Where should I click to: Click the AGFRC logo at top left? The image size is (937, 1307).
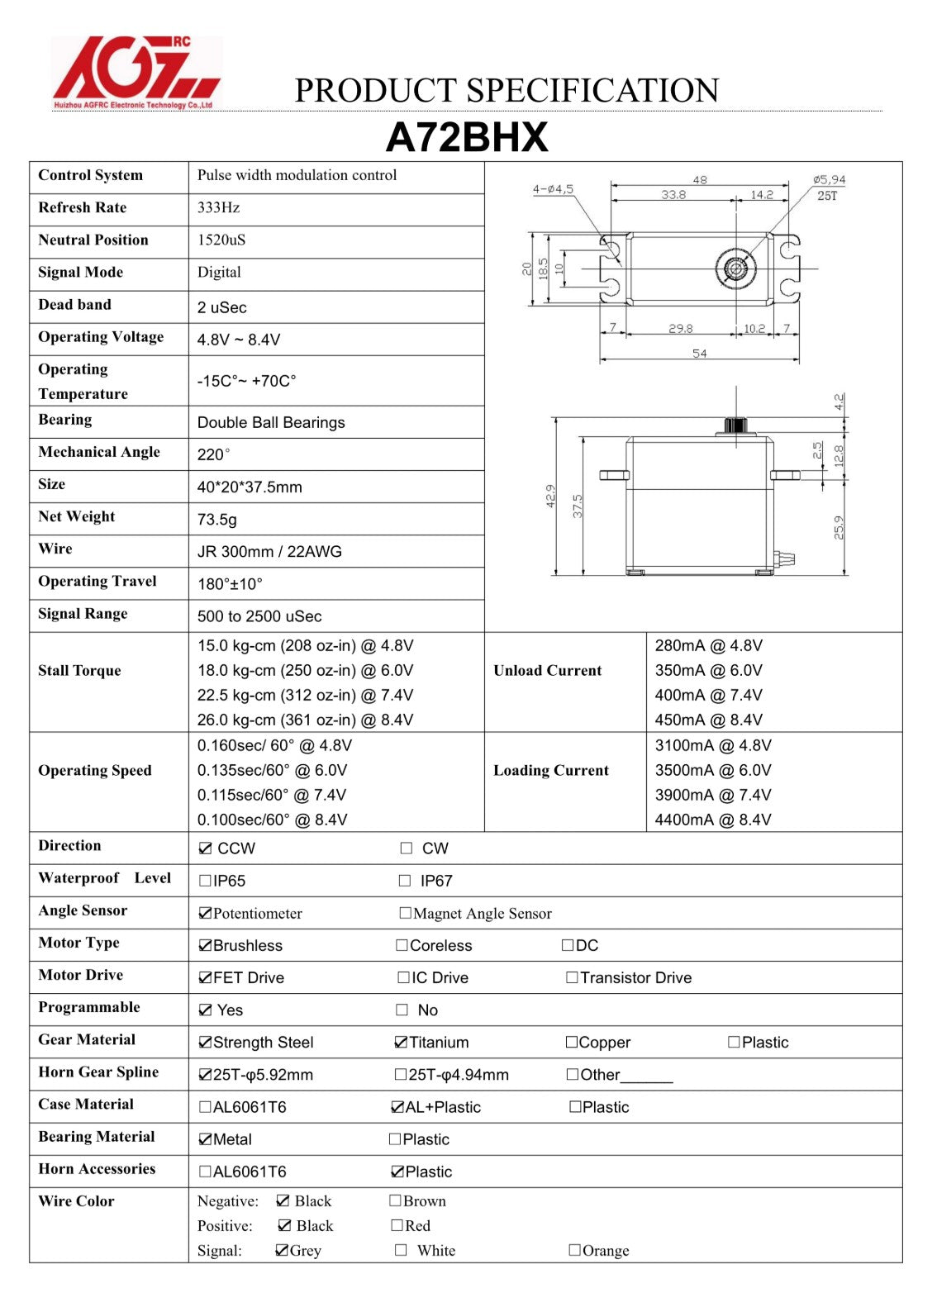[136, 73]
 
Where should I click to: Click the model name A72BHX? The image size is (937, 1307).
[467, 137]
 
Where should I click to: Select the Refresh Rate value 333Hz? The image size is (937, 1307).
[218, 207]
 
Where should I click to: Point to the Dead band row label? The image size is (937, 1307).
[74, 305]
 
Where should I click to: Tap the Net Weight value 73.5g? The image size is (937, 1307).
[216, 519]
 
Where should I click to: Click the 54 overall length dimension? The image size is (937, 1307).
[699, 354]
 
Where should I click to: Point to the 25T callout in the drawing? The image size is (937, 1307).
[826, 196]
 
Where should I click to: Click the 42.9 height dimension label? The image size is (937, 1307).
[550, 496]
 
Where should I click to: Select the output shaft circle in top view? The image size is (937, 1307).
[735, 269]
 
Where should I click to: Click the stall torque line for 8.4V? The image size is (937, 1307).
[305, 720]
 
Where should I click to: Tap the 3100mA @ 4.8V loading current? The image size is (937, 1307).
[712, 745]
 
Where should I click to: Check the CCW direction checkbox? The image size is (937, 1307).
[206, 848]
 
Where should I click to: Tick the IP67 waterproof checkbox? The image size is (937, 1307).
[405, 881]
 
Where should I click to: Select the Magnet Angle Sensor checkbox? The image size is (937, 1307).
[405, 913]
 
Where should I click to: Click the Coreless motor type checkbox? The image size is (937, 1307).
[402, 945]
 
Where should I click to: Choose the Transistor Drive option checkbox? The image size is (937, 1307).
[572, 977]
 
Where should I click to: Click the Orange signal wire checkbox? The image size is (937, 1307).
[574, 1250]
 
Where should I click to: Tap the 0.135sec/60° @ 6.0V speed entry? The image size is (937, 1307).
[272, 770]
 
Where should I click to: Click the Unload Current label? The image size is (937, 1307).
[547, 671]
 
